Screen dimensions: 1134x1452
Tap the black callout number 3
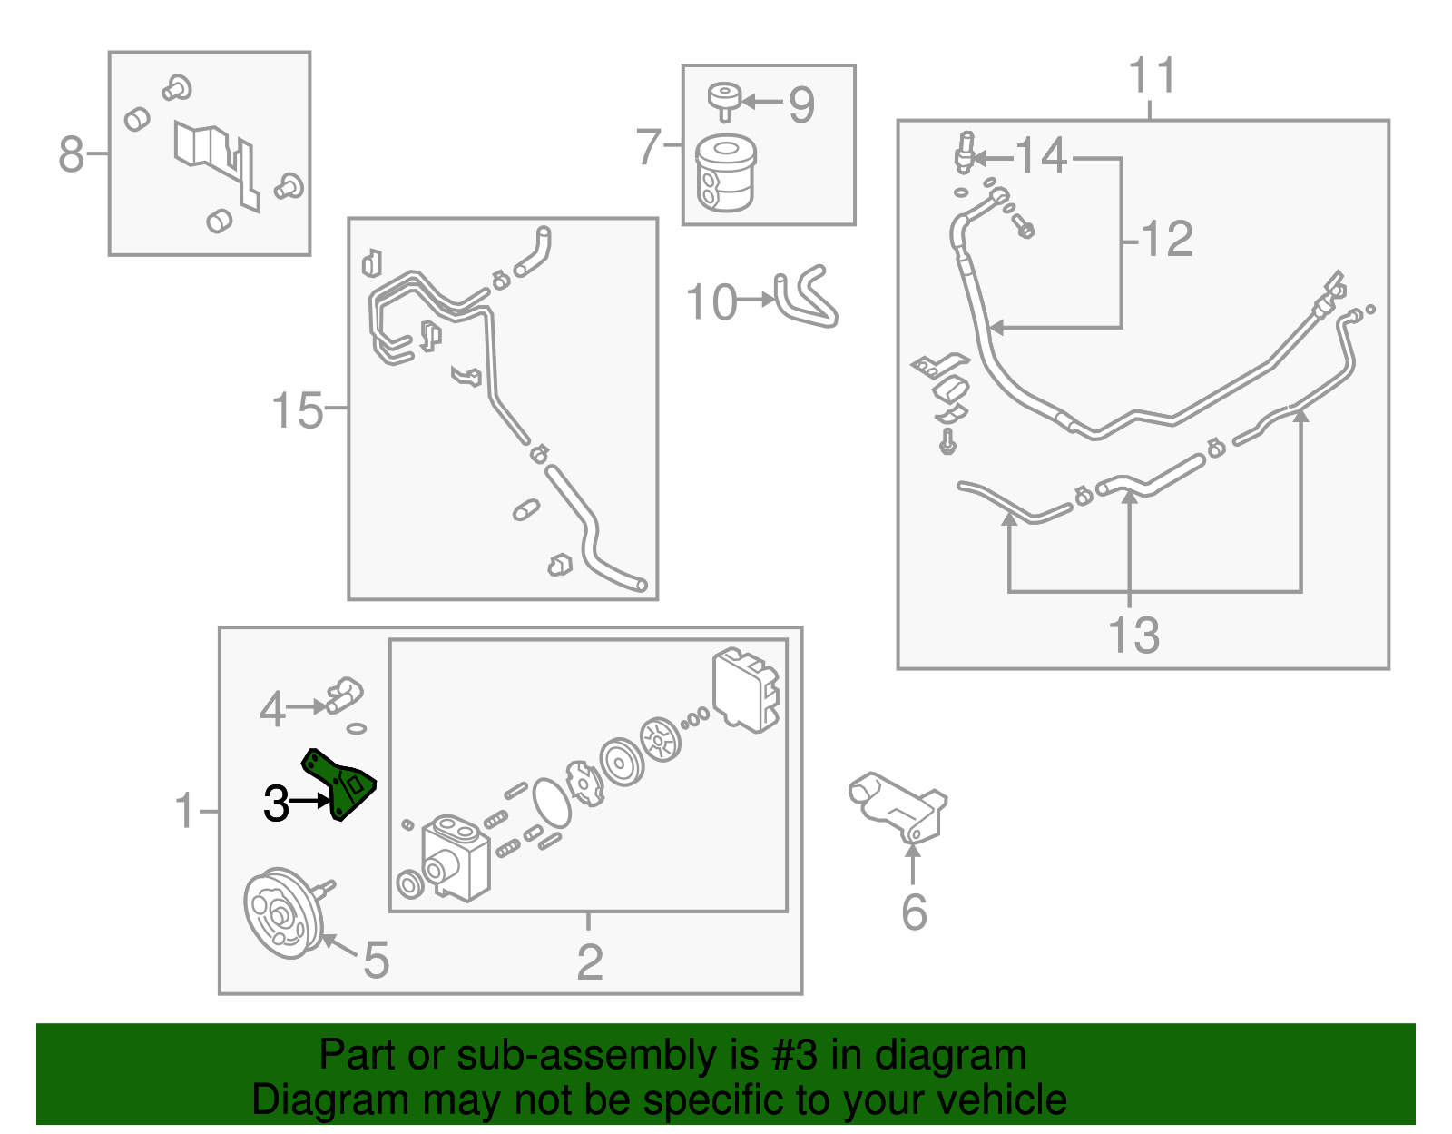coord(276,804)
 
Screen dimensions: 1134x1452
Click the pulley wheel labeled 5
coord(282,912)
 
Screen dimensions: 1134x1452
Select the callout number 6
coord(914,912)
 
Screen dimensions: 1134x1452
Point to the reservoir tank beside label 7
coord(725,173)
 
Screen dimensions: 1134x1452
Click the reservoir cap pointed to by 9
coord(724,98)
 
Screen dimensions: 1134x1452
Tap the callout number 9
coord(801,105)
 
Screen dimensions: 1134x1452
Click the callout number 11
coord(1152,76)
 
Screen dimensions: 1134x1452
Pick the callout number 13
coord(1133,635)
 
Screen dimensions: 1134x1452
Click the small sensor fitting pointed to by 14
coord(965,153)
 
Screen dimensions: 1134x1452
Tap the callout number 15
coord(297,410)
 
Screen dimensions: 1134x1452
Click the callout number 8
coord(71,154)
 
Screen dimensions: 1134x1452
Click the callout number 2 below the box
coord(590,961)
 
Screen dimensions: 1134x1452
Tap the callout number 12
coord(1166,240)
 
